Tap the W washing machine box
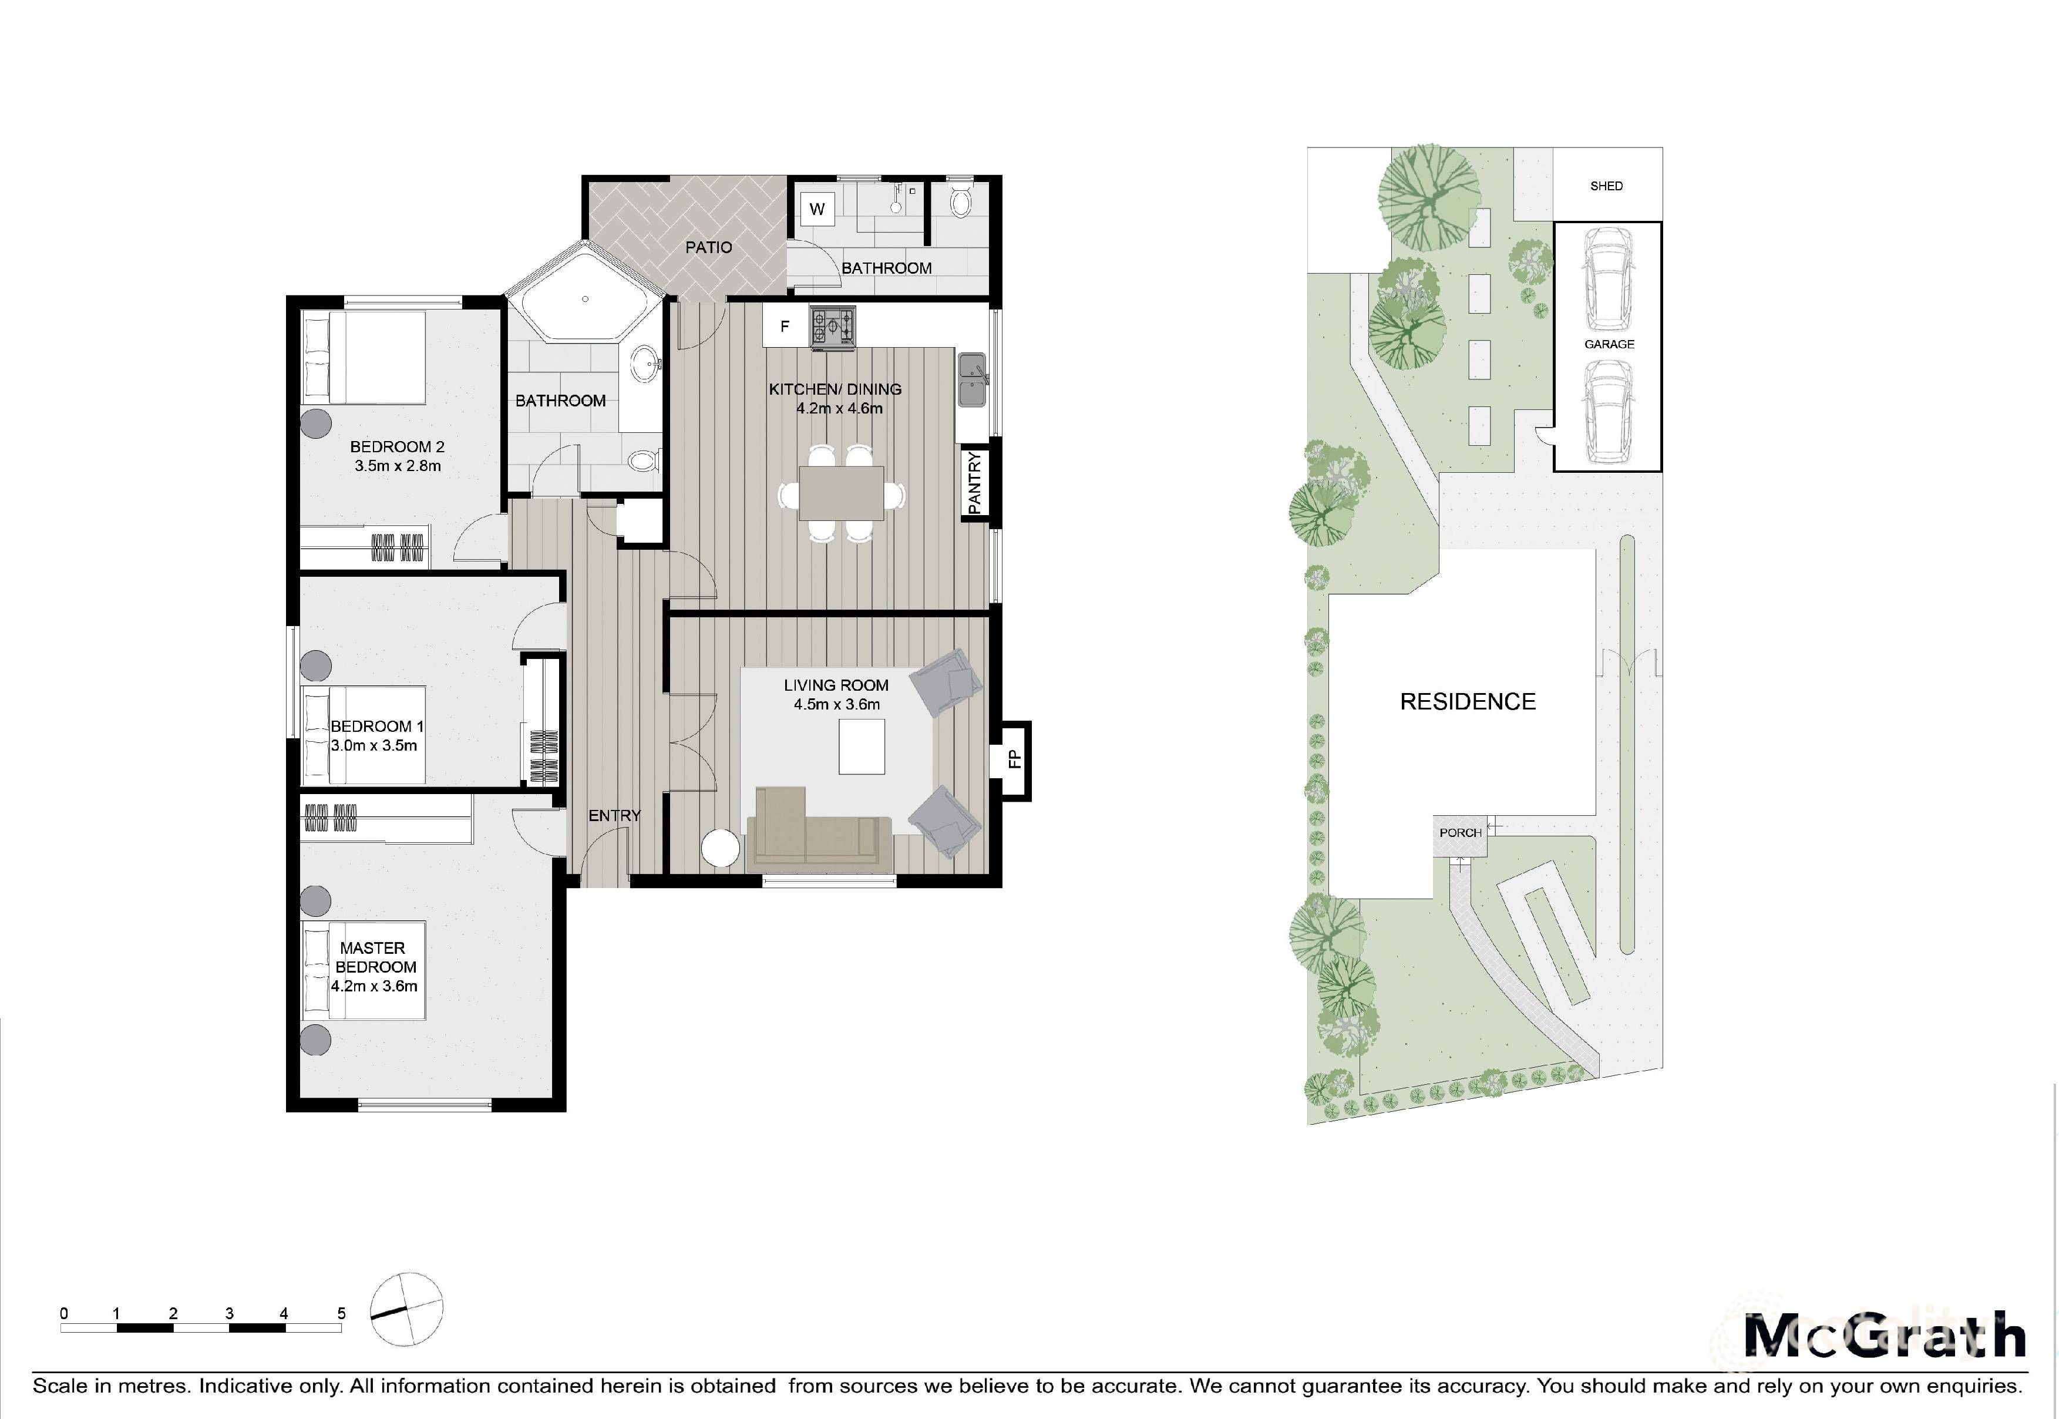(x=817, y=210)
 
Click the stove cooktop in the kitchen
(x=833, y=327)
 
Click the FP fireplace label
(x=1014, y=759)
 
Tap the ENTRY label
(x=614, y=815)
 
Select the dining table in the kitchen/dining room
(x=841, y=493)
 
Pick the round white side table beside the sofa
(x=720, y=848)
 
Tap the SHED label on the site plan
(x=1606, y=186)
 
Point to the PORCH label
(x=1460, y=833)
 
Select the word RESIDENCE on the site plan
(x=1467, y=701)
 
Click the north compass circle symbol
(x=406, y=1308)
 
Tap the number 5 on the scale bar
(x=341, y=1313)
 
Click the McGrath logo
(x=1885, y=1336)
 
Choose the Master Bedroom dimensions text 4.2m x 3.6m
(x=374, y=986)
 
